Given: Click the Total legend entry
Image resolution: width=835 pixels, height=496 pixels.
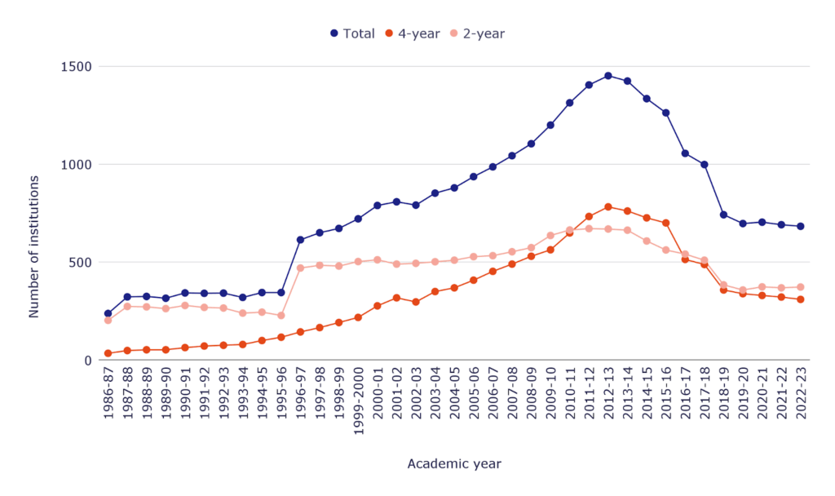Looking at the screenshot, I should pyautogui.click(x=352, y=33).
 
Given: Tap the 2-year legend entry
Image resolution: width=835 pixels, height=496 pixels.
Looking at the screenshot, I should pyautogui.click(x=479, y=33).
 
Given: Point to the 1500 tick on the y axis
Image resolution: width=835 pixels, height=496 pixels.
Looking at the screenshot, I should pyautogui.click(x=77, y=67).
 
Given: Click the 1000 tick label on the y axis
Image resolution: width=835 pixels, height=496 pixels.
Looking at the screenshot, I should pyautogui.click(x=77, y=165).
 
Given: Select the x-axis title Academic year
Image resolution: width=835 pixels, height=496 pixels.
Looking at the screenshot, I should pyautogui.click(x=454, y=463).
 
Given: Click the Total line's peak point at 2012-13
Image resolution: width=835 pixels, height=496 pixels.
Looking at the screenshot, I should pyautogui.click(x=607, y=76).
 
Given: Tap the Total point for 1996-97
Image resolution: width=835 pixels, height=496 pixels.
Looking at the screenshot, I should pyautogui.click(x=300, y=240).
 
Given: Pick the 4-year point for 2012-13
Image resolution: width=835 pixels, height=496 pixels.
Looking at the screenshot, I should pyautogui.click(x=607, y=206).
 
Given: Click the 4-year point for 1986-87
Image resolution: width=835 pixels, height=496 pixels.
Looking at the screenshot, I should pyautogui.click(x=108, y=353).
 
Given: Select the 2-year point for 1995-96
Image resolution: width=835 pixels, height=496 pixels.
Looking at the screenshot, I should pyautogui.click(x=281, y=315).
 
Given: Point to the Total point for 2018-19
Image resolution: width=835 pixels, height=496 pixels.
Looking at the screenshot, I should pyautogui.click(x=723, y=215).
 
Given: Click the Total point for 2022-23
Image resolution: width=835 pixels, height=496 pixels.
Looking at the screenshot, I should pyautogui.click(x=800, y=226).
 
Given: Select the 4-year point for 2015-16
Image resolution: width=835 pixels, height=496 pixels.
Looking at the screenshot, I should pyautogui.click(x=665, y=223).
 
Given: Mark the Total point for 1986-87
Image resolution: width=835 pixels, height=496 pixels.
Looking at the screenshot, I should pyautogui.click(x=108, y=313).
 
